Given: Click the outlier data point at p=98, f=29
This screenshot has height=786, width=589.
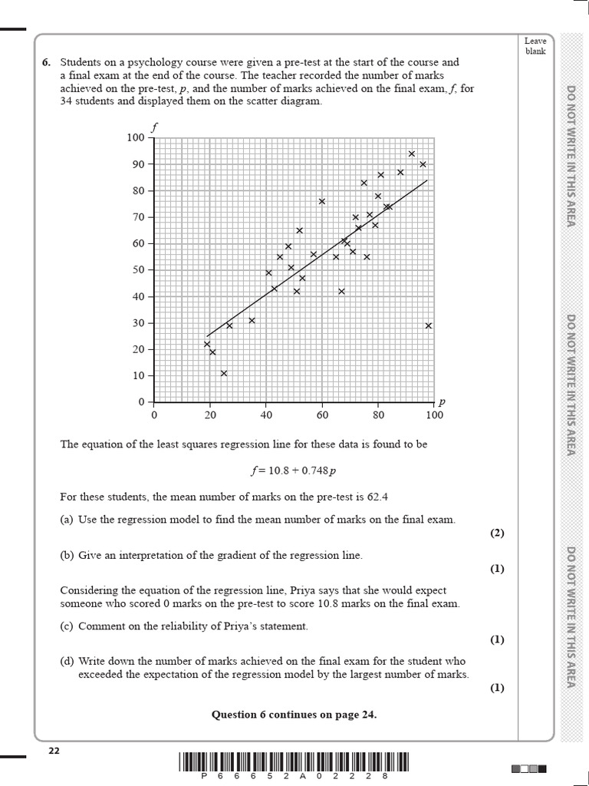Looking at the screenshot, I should pyautogui.click(x=429, y=325).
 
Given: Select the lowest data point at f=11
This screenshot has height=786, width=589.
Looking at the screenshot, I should pyautogui.click(x=224, y=373).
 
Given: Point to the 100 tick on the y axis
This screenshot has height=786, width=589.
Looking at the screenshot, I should pyautogui.click(x=136, y=137).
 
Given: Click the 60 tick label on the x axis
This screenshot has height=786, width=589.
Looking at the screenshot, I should pyautogui.click(x=322, y=415).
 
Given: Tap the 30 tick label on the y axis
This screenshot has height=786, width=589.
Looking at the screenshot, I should pyautogui.click(x=138, y=323).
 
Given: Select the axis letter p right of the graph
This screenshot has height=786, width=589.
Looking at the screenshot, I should pyautogui.click(x=442, y=401).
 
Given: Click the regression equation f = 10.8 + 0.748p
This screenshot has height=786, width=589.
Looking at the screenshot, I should pyautogui.click(x=294, y=470).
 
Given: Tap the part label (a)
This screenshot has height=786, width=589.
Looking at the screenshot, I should pyautogui.click(x=67, y=520).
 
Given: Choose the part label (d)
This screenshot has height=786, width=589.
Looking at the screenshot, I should pyautogui.click(x=67, y=661).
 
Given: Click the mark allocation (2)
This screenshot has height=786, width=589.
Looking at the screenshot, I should pyautogui.click(x=497, y=533).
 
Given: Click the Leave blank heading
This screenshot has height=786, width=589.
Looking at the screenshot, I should pyautogui.click(x=535, y=45).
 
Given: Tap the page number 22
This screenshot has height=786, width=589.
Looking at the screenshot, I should pyautogui.click(x=54, y=750).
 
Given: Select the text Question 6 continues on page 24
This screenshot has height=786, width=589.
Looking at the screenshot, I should pyautogui.click(x=294, y=715).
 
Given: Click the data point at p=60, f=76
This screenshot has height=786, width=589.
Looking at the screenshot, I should pyautogui.click(x=322, y=201).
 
